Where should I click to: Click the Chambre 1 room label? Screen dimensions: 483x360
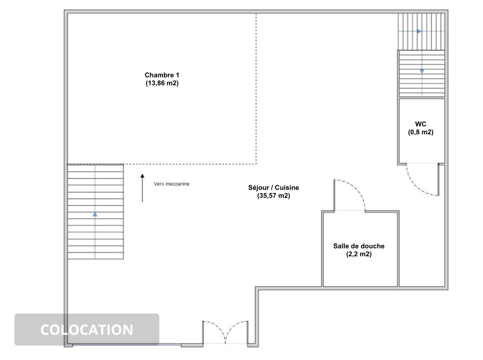(162, 75)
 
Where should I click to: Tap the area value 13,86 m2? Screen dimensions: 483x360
(162, 83)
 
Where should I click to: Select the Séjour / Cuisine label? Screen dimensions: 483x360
(274, 188)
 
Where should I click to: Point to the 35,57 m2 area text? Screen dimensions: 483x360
(274, 195)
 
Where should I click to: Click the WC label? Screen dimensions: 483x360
(420, 124)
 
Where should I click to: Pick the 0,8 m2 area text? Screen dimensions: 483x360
(420, 132)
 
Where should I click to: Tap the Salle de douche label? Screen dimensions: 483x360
(359, 246)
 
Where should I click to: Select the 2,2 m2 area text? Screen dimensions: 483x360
(359, 254)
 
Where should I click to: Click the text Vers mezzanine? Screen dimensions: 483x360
(172, 184)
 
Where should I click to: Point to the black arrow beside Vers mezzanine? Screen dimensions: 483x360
(142, 188)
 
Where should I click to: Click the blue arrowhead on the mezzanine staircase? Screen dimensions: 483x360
(95, 214)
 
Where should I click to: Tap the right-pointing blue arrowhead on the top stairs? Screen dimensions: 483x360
(419, 31)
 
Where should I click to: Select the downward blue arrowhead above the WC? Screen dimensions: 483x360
(422, 71)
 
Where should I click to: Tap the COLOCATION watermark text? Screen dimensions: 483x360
(87, 330)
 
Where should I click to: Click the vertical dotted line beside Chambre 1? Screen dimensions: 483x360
(256, 89)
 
